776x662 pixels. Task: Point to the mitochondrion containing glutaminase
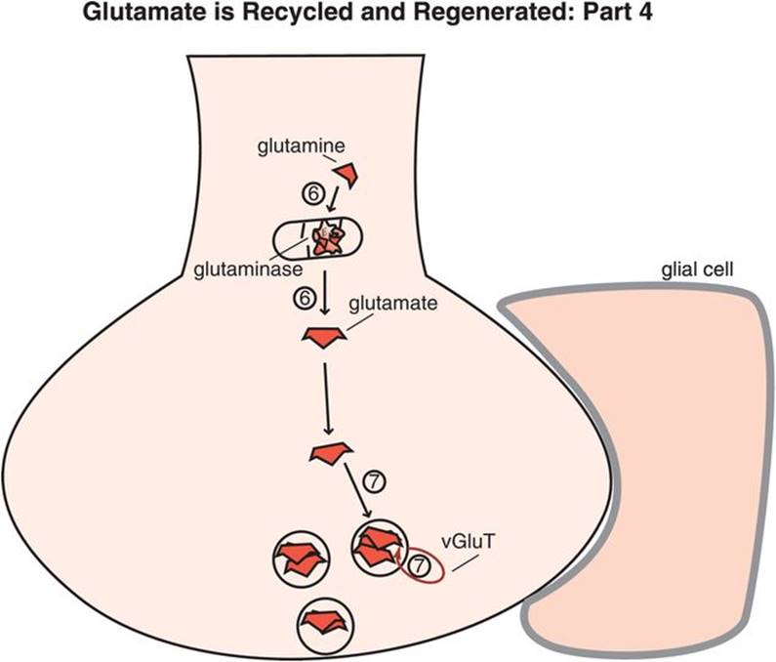point(315,240)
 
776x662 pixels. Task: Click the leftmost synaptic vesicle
point(299,558)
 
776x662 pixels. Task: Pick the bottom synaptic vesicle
point(326,620)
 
